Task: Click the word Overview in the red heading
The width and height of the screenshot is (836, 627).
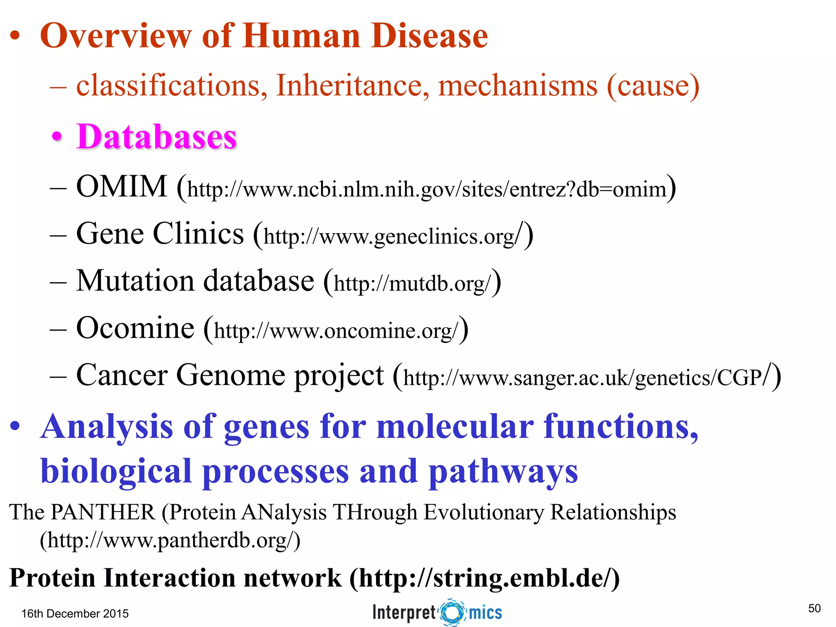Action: point(116,36)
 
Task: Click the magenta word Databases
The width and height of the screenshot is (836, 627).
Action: point(156,137)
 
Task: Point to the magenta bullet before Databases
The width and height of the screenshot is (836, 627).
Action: point(57,137)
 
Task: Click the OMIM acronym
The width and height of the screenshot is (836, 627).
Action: point(122,187)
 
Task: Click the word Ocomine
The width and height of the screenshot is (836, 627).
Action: point(135,328)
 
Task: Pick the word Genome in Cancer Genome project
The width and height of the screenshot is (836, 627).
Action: point(231,375)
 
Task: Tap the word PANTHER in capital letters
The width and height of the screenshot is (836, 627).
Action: point(103,512)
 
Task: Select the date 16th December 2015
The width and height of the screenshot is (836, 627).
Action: point(75,614)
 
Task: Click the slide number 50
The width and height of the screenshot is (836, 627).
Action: point(814,608)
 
